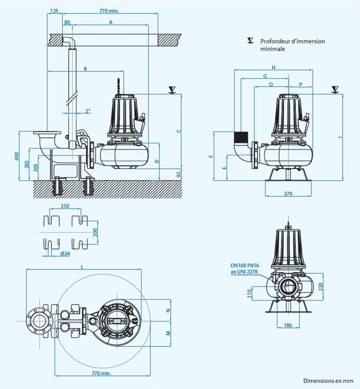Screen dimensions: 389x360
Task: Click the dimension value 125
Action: (54, 11)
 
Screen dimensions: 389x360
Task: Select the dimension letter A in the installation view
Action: (111, 23)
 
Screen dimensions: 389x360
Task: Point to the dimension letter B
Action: (85, 69)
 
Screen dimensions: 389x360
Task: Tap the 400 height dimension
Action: (16, 156)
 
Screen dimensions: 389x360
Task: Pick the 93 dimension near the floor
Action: (179, 174)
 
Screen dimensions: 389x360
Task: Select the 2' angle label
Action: (88, 111)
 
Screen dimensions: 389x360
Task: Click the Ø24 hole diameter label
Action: (65, 253)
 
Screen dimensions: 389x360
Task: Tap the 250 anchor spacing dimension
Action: (65, 206)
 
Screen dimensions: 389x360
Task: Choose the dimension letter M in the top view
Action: (168, 333)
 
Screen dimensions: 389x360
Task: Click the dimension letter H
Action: (273, 67)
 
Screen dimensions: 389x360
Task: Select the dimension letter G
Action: (265, 76)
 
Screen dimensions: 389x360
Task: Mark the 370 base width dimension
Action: (288, 194)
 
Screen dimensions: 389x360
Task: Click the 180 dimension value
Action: (288, 325)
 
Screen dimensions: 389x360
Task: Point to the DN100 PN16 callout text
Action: (244, 265)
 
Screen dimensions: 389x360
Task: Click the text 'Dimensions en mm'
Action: (328, 381)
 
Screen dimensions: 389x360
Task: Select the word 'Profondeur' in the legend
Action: (274, 41)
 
